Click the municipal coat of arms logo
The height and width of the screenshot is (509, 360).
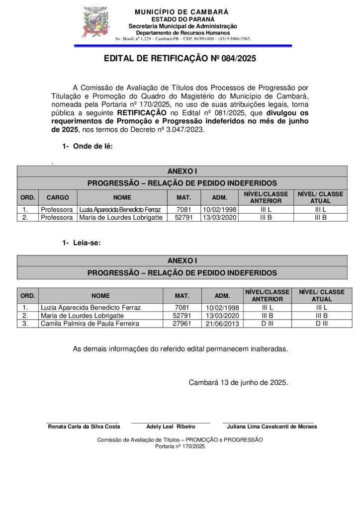pyautogui.click(x=95, y=22)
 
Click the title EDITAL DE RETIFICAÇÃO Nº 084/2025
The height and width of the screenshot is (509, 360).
pyautogui.click(x=180, y=59)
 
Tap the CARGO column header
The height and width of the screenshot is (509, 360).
pyautogui.click(x=58, y=197)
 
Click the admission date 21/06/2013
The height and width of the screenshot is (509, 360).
pyautogui.click(x=222, y=324)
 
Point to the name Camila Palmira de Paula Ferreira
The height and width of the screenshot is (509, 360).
pyautogui.click(x=90, y=324)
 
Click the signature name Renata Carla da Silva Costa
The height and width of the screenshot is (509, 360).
pyautogui.click(x=84, y=426)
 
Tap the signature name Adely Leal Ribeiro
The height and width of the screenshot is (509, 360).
pyautogui.click(x=171, y=426)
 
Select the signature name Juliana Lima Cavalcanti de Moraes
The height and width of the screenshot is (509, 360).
pyautogui.click(x=272, y=426)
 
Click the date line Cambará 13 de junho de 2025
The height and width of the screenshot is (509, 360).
pyautogui.click(x=238, y=383)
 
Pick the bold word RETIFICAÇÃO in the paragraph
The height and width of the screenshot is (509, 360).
pyautogui.click(x=142, y=113)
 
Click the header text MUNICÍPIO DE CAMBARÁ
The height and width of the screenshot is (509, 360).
pyautogui.click(x=181, y=11)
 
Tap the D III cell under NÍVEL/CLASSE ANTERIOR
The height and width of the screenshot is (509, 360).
pyautogui.click(x=267, y=324)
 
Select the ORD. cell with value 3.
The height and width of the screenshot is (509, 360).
pyautogui.click(x=25, y=324)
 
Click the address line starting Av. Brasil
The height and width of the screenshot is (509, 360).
pyautogui.click(x=182, y=38)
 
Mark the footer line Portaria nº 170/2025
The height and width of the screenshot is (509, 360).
pyautogui.click(x=180, y=446)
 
